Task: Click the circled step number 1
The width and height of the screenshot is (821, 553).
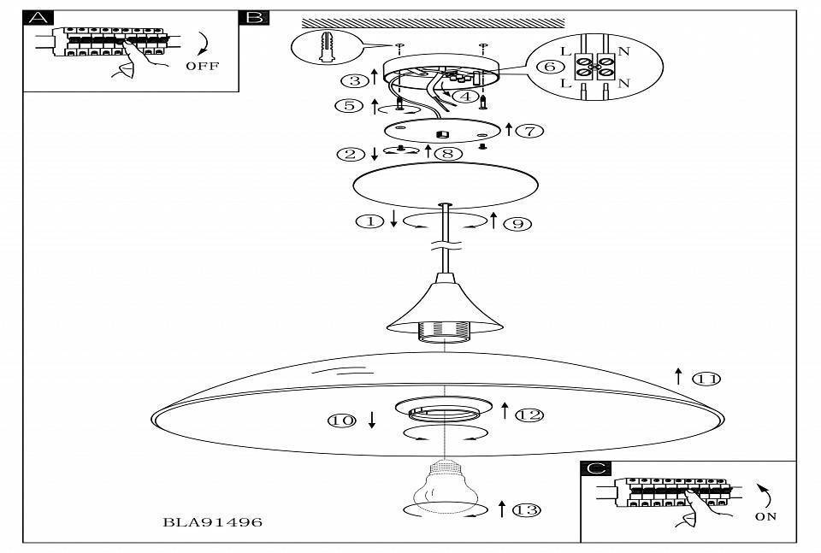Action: point(369,221)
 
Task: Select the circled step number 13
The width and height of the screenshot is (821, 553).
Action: point(528,510)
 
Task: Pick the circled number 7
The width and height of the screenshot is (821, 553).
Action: point(530,131)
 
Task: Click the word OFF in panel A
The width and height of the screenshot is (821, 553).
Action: point(201,66)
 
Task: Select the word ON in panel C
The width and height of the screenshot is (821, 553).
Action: point(765,517)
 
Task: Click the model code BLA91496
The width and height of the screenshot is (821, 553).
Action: point(213,521)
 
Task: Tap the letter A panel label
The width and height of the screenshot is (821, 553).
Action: point(39,19)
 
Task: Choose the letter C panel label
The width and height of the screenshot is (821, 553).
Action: point(595,469)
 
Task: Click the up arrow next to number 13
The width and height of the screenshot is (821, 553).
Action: point(502,509)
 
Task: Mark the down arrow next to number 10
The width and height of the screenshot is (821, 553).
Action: point(372,420)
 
